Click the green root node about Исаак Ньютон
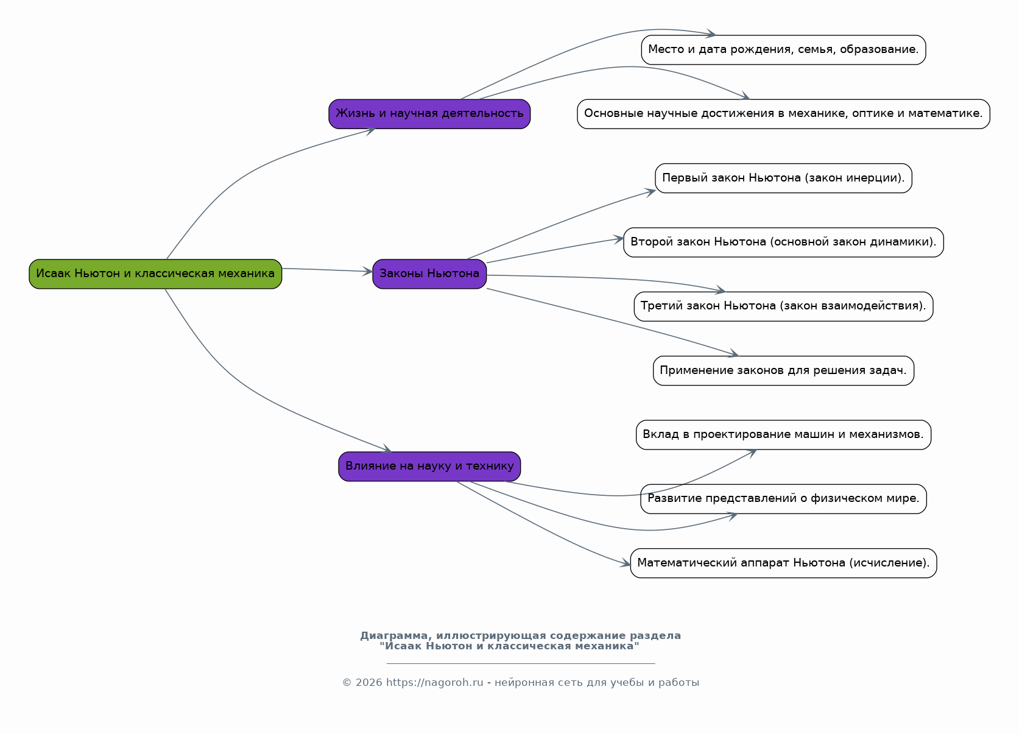pos(155,274)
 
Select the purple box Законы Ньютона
pos(429,274)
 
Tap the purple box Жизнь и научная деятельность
pos(429,114)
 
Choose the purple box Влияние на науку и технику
pos(429,467)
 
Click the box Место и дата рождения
pos(783,49)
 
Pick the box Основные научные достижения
pos(783,114)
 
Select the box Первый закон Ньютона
pos(783,178)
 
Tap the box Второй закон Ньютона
pos(783,242)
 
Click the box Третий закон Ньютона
pos(783,306)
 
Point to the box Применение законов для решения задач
pos(783,370)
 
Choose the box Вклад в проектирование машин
pos(783,434)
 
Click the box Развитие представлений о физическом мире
pos(783,499)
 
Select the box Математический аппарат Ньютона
pos(783,563)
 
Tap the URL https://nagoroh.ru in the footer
pos(434,683)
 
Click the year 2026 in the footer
pos(368,683)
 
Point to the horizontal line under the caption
pos(521,663)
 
